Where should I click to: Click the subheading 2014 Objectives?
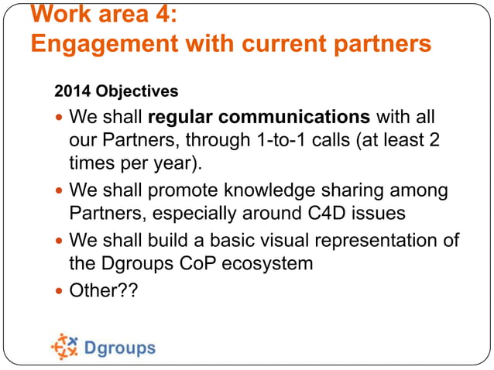click(116, 91)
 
